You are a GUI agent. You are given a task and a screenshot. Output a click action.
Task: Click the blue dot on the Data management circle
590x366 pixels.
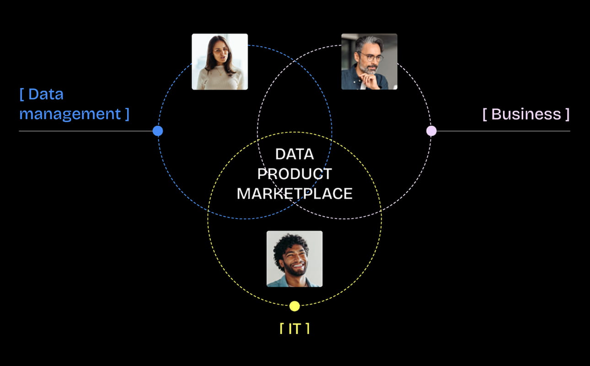(158, 131)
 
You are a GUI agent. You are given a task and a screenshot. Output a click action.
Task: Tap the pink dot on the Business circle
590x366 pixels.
(431, 131)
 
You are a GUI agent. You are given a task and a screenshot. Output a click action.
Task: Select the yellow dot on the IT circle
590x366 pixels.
(295, 306)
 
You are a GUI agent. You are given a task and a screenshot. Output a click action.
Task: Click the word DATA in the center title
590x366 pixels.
(295, 154)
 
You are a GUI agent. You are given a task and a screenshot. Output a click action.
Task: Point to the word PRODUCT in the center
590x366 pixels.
(295, 174)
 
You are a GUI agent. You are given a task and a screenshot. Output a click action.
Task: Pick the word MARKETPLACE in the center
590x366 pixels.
(295, 194)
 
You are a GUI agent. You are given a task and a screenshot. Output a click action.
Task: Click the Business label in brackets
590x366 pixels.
(526, 114)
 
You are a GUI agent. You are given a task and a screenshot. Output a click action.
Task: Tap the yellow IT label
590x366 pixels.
(295, 328)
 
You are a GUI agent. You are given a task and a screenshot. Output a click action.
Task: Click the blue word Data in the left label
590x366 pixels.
(46, 94)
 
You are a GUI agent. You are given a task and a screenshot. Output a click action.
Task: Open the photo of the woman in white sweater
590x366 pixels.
(220, 61)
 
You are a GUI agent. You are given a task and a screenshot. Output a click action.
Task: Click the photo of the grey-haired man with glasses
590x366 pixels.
(369, 61)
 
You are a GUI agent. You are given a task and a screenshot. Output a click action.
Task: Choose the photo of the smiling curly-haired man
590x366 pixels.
(295, 258)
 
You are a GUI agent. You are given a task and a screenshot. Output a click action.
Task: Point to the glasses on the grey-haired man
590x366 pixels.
(371, 57)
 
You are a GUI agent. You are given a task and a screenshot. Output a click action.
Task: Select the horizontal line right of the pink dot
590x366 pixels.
(503, 131)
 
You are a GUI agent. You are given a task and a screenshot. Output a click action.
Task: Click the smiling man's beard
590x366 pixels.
(295, 271)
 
